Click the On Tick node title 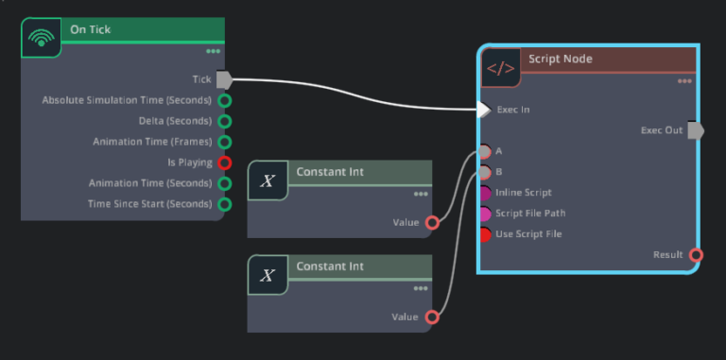(90, 29)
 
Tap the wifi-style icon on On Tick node (40, 38)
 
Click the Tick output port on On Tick (224, 79)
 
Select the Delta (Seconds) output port (225, 121)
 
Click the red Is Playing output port (225, 163)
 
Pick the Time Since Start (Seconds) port (225, 204)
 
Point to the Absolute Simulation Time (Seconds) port (225, 100)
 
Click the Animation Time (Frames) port (225, 142)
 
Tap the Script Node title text (561, 59)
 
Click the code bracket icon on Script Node (500, 68)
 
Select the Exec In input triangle (483, 110)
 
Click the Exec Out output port (696, 130)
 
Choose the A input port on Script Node (484, 151)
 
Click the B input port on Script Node (484, 172)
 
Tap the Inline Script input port (484, 193)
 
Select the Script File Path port (484, 214)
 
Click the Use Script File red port (484, 234)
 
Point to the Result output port (696, 255)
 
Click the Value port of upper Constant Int (432, 223)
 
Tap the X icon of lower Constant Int (268, 275)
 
